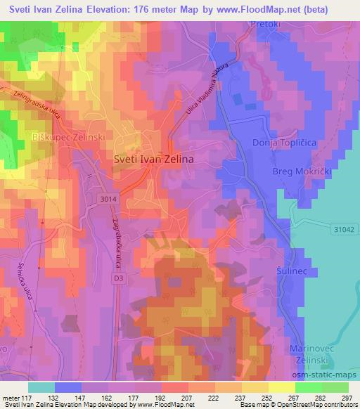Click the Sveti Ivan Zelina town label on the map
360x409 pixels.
[x=154, y=160]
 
